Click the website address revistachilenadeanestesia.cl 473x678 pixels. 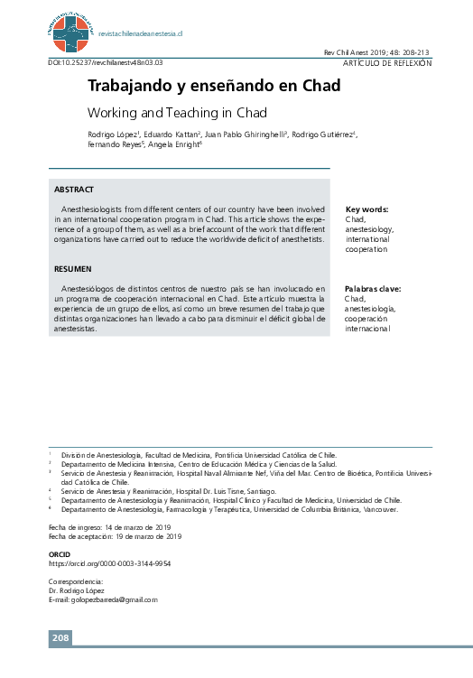(x=140, y=33)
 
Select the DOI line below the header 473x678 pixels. (x=111, y=63)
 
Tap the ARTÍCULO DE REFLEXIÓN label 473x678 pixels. (x=387, y=63)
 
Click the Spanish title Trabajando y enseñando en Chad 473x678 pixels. (x=213, y=87)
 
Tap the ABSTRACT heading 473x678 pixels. (x=74, y=190)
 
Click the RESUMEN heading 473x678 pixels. (x=72, y=269)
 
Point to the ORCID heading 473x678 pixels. (x=59, y=553)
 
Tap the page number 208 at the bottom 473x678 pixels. (x=60, y=638)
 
